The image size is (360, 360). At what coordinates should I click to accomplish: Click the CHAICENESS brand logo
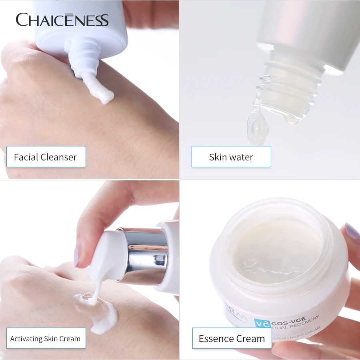62,20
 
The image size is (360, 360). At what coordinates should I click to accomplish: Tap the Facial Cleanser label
46,157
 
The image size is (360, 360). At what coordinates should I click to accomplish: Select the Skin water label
231,157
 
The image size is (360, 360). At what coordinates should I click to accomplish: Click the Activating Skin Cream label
46,339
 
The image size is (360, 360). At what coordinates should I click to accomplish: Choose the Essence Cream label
232,339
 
